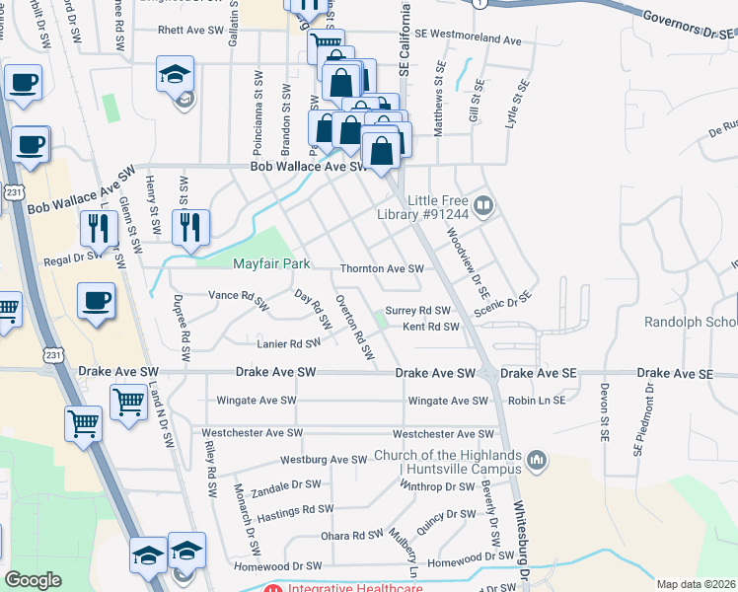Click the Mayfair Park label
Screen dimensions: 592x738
[271, 263]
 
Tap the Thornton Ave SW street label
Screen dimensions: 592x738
[381, 268]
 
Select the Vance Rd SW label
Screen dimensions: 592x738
[239, 295]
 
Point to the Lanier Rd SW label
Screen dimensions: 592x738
[288, 343]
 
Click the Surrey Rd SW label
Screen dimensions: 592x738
[416, 310]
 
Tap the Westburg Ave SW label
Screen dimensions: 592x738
[324, 460]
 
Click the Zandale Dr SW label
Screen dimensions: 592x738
[286, 485]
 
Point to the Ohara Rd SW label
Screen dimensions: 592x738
[351, 535]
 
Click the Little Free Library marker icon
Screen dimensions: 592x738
[483, 205]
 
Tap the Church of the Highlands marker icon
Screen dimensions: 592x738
[536, 460]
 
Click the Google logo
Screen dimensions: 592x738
[33, 580]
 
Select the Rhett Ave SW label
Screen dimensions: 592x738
[191, 30]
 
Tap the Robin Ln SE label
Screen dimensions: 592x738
[537, 401]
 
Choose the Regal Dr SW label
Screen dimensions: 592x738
[73, 259]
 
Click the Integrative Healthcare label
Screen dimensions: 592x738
[355, 589]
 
